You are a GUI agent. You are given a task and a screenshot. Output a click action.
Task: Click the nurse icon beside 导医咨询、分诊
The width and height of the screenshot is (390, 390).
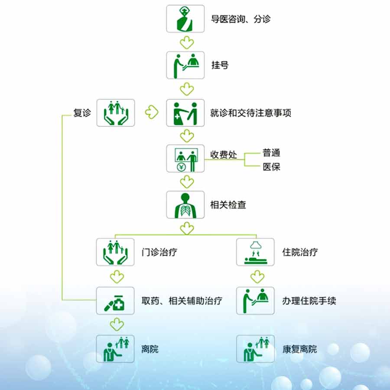coord(185,19)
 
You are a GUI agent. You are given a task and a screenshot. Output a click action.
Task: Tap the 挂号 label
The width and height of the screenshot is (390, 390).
coord(220,65)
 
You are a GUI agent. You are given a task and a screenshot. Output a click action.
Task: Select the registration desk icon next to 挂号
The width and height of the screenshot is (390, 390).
coord(185,65)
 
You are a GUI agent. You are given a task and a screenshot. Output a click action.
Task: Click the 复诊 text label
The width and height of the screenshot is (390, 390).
coord(82,113)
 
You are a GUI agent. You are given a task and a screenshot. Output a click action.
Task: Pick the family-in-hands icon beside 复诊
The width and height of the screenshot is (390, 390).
coord(116,113)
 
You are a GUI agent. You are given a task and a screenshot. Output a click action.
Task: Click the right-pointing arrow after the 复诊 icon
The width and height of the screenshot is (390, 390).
coord(152,112)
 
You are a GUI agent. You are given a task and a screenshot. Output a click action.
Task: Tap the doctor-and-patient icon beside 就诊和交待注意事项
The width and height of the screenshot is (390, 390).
coord(185,113)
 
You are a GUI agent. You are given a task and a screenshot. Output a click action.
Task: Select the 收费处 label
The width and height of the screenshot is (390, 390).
coord(224,154)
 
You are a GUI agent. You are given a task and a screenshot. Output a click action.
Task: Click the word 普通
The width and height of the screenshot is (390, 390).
coord(271,153)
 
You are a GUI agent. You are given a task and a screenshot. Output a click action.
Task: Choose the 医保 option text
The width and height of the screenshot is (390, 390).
coord(271,167)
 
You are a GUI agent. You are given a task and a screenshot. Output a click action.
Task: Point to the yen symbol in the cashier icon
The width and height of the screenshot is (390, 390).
coord(181,167)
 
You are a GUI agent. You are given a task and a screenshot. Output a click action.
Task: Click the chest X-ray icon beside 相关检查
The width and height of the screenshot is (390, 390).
coord(185,205)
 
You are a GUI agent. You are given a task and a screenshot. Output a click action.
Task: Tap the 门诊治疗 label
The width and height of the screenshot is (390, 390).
coord(159,252)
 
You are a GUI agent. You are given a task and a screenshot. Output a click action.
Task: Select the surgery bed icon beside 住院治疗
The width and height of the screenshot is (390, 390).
coord(255,252)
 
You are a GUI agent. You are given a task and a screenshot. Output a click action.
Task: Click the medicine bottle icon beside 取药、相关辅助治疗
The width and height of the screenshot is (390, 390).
coord(115,301)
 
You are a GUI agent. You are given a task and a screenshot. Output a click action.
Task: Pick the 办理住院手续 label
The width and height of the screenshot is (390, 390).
coord(309,301)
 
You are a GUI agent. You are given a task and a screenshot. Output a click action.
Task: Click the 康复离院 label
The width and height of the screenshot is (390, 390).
coord(300,349)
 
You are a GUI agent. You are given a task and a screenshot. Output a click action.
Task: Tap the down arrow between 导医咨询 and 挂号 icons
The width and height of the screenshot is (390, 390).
coord(187,43)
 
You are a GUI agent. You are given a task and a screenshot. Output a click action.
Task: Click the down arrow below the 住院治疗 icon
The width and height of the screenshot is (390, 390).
coord(257,277)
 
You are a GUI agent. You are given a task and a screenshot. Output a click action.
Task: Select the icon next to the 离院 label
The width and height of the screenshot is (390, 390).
coord(115,349)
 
